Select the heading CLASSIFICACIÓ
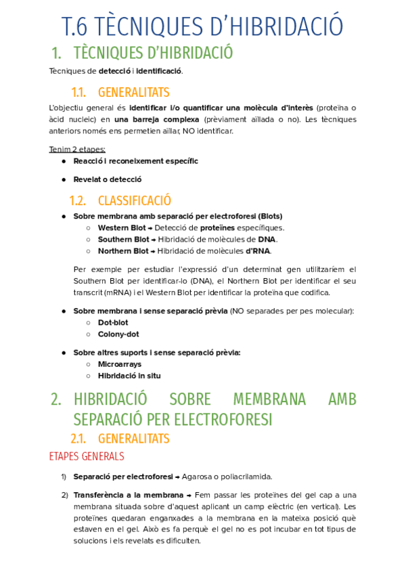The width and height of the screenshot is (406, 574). [x=135, y=200]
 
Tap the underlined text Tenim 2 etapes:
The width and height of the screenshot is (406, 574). [x=77, y=150]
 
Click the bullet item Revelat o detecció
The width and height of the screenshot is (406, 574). [x=108, y=179]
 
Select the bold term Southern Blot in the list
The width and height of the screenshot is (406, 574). [x=124, y=240]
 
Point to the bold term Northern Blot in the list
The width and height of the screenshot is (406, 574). [x=123, y=251]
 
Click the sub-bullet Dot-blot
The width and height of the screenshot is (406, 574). [x=113, y=322]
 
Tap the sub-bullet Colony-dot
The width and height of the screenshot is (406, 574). [x=118, y=334]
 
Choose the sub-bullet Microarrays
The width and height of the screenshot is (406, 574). [x=120, y=364]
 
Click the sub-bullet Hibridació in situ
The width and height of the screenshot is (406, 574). [x=129, y=376]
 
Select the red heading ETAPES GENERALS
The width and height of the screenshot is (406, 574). [x=87, y=456]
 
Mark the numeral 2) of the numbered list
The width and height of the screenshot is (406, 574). [x=65, y=495]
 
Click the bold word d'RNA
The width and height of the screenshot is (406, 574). [x=257, y=251]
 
